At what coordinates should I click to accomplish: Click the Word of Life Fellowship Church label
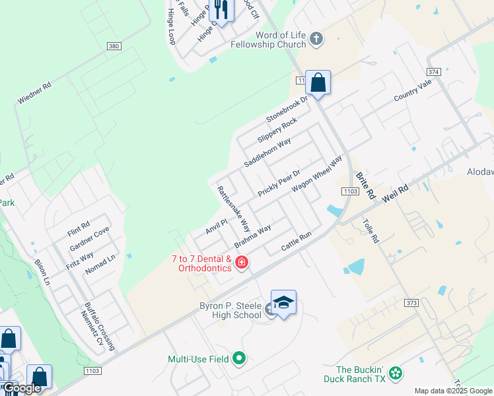tap(268, 39)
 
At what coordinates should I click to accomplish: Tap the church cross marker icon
tap(316, 38)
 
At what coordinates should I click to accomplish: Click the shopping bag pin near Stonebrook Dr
tap(318, 83)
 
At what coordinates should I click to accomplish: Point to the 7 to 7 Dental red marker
tap(242, 263)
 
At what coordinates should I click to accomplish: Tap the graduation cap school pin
tap(283, 303)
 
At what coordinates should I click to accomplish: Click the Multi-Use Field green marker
tap(239, 358)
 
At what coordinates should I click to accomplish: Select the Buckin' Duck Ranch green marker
tap(396, 374)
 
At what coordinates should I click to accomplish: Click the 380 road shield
tap(113, 46)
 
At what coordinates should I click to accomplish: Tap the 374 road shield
tap(433, 71)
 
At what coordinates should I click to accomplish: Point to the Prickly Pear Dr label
tap(279, 181)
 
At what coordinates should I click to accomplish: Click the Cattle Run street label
tap(296, 241)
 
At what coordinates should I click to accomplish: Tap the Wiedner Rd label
tap(34, 93)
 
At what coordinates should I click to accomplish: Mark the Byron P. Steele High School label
tap(230, 310)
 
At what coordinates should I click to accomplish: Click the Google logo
tap(21, 388)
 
